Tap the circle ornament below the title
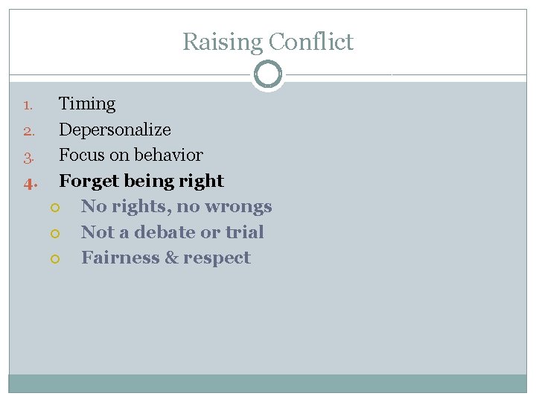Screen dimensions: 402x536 [268, 74]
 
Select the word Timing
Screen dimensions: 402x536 [87, 104]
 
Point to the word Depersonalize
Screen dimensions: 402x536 [115, 130]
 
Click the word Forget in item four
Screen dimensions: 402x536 [84, 181]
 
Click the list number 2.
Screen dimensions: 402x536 [28, 131]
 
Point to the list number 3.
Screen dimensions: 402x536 [28, 156]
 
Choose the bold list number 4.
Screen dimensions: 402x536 [28, 182]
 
